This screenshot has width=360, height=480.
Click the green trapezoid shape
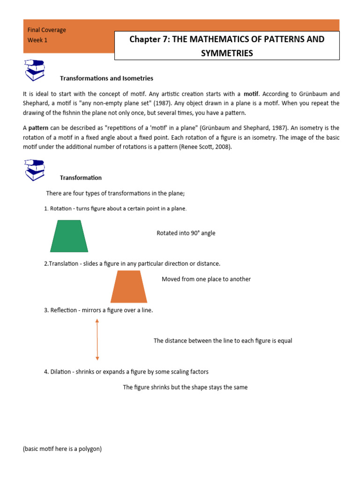point(69,237)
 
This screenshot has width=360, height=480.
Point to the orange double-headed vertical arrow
point(97,339)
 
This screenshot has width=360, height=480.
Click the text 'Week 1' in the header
point(37,40)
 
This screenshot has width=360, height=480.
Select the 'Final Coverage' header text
point(47,30)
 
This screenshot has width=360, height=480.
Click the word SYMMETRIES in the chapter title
point(227,53)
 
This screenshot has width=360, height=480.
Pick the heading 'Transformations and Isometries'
point(106,78)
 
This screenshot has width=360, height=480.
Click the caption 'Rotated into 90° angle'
point(186,233)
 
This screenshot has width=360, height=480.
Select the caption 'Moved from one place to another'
point(206,279)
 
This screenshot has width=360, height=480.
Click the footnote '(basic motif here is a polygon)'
point(62,449)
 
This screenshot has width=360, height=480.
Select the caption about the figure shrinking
point(185,387)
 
